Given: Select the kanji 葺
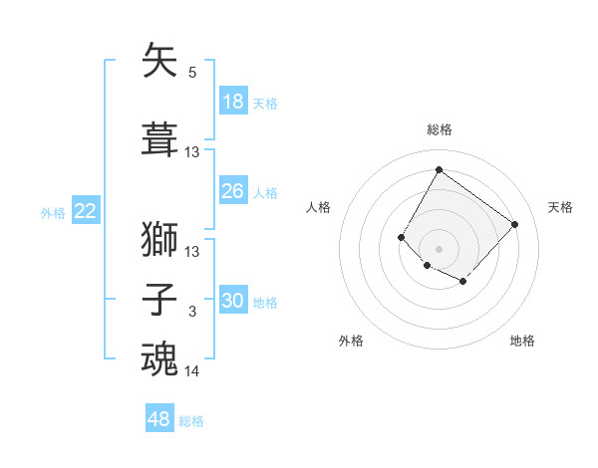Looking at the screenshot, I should (x=160, y=139).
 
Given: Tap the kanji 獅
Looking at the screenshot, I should (x=160, y=239).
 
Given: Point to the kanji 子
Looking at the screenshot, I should (x=160, y=300).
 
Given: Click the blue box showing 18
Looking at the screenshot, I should (x=233, y=102).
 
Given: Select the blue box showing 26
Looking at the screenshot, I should (x=233, y=191).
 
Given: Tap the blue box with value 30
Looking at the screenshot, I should (x=233, y=301).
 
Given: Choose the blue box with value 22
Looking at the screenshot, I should (x=85, y=211).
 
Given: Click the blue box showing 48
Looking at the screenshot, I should (x=159, y=419).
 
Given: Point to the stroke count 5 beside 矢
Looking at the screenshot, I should (x=192, y=73).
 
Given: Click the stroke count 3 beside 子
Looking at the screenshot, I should (x=192, y=312).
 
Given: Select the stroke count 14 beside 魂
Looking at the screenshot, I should (x=192, y=371).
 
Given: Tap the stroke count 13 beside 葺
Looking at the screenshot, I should (x=192, y=152).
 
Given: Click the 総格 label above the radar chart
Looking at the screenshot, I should (x=439, y=129).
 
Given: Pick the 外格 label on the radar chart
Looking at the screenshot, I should (x=351, y=341).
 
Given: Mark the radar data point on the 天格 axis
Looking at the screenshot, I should (x=514, y=224).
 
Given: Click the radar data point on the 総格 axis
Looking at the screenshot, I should (x=439, y=170).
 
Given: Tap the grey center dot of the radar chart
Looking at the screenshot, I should (x=439, y=248).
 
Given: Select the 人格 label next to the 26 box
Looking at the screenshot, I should (x=265, y=192).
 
